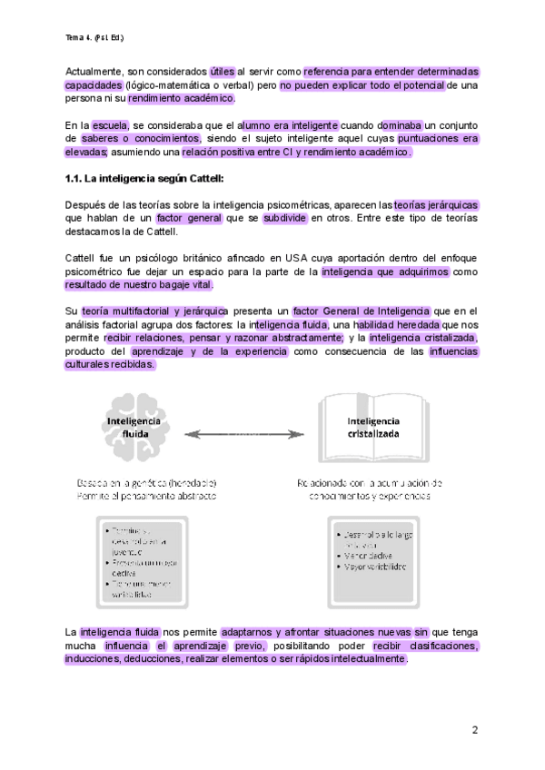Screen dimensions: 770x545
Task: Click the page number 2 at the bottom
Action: (x=474, y=729)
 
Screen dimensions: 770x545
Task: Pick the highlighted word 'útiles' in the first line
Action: (x=222, y=71)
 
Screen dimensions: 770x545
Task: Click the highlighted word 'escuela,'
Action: (x=111, y=124)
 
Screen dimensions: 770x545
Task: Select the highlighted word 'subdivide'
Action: (x=284, y=219)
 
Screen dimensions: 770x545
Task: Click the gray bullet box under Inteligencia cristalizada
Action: (x=372, y=555)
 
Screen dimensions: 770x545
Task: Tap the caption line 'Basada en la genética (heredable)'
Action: (x=146, y=483)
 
